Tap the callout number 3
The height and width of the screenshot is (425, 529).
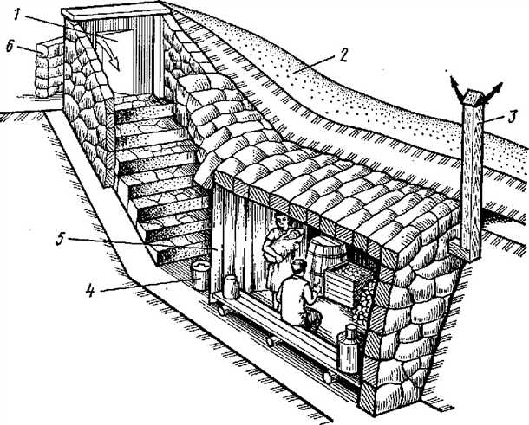coord(512,118)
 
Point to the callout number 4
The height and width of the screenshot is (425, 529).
coord(89,290)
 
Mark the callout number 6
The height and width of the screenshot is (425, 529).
coord(10,47)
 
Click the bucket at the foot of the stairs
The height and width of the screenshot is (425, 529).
coord(200,274)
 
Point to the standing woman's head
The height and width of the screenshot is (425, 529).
coord(282,221)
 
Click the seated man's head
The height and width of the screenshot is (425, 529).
coord(299,267)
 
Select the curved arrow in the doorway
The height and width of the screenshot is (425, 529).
coord(108,50)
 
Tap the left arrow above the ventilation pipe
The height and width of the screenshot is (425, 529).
coord(456,89)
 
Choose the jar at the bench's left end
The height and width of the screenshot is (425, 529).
coord(231,287)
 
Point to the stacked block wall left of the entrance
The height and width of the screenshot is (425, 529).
coord(49,69)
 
